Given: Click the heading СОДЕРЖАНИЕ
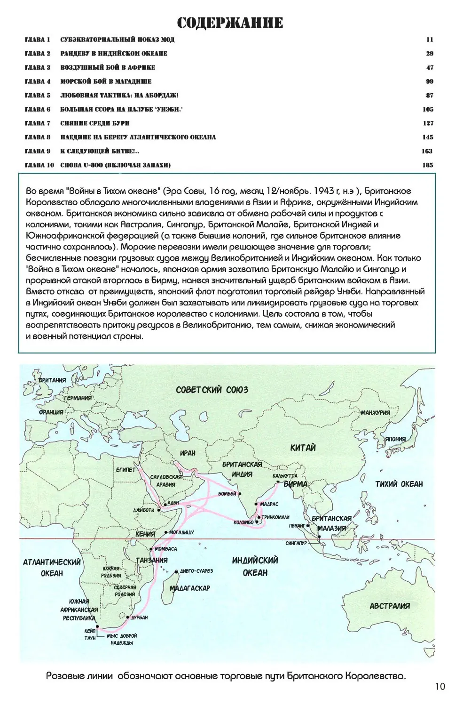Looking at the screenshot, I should coord(230,23).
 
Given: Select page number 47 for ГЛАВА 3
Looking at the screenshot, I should coord(430,67).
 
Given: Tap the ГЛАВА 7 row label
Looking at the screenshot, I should coord(38,123).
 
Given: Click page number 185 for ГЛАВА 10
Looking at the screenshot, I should coord(427,165).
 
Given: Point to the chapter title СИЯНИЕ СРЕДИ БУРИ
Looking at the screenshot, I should coord(95,123).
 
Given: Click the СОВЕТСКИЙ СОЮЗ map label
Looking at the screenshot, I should coord(212,390).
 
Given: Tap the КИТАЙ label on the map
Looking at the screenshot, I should coord(303,448).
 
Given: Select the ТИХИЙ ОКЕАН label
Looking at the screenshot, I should coord(399,484).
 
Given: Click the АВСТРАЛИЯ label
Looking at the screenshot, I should coord(390,606).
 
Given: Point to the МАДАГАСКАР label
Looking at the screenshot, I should coord(189,588).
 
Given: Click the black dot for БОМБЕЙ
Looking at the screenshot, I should coord(240,494).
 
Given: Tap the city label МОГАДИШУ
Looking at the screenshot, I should coord(181,532).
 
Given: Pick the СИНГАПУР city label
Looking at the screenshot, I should coord(296,543).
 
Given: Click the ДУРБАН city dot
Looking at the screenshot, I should coord(128,617).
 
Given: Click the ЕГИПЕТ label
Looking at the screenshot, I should coord(126,470).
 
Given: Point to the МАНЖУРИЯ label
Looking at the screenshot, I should coord(375,413).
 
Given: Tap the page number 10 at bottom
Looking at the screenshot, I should coord(439,687).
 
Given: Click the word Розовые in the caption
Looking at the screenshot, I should coord(66,676).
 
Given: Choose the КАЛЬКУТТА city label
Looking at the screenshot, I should coord(285,476).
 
